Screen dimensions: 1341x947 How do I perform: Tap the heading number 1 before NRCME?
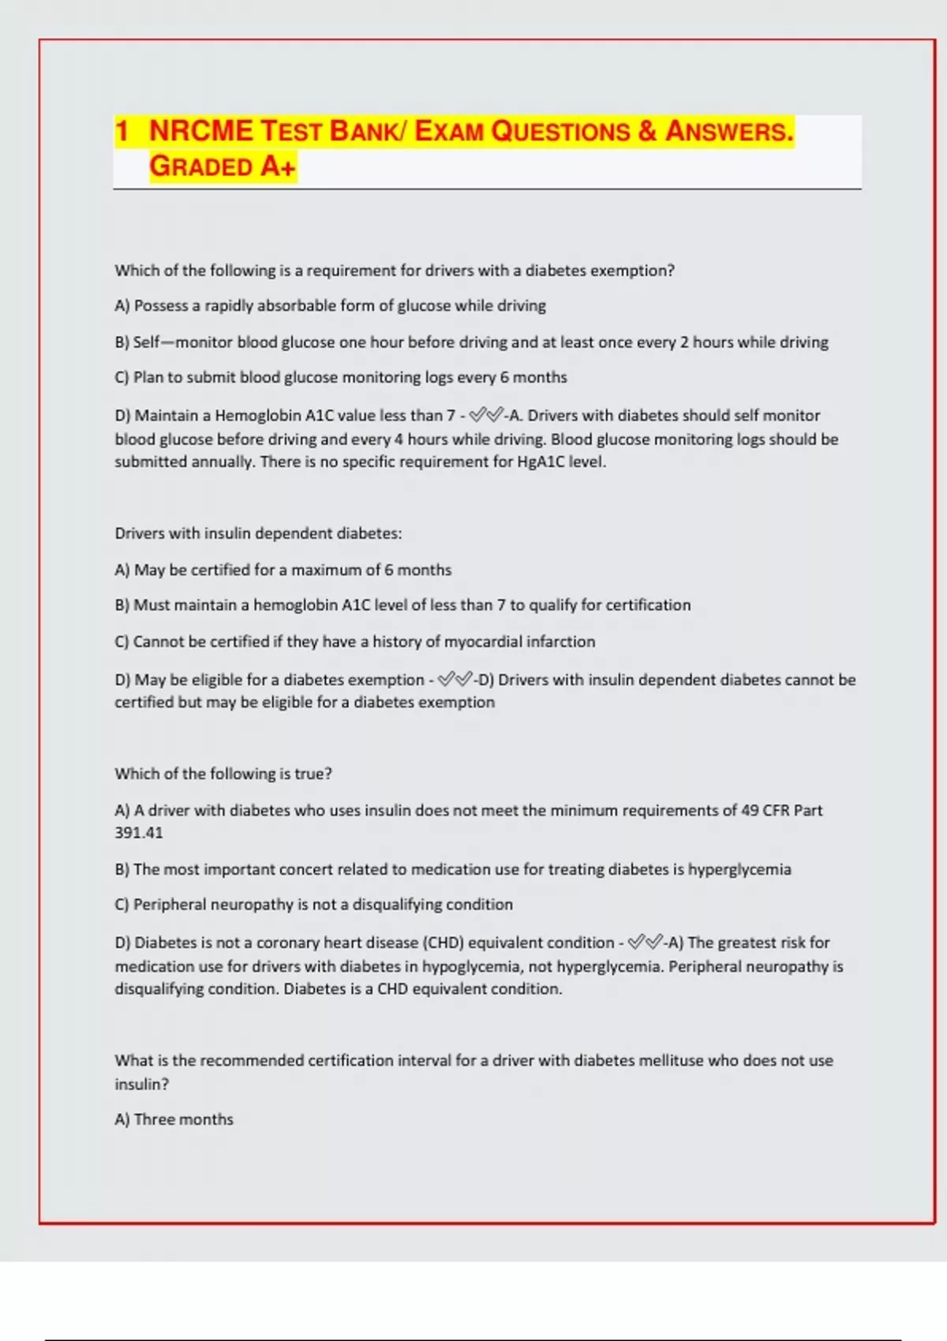tap(122, 131)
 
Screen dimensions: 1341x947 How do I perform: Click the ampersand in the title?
tap(647, 131)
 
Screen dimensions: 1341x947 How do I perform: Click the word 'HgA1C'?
tap(541, 461)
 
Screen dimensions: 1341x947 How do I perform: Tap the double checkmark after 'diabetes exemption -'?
tap(455, 679)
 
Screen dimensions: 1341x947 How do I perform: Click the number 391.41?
tap(139, 832)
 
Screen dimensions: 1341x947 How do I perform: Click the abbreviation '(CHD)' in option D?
tap(443, 943)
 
